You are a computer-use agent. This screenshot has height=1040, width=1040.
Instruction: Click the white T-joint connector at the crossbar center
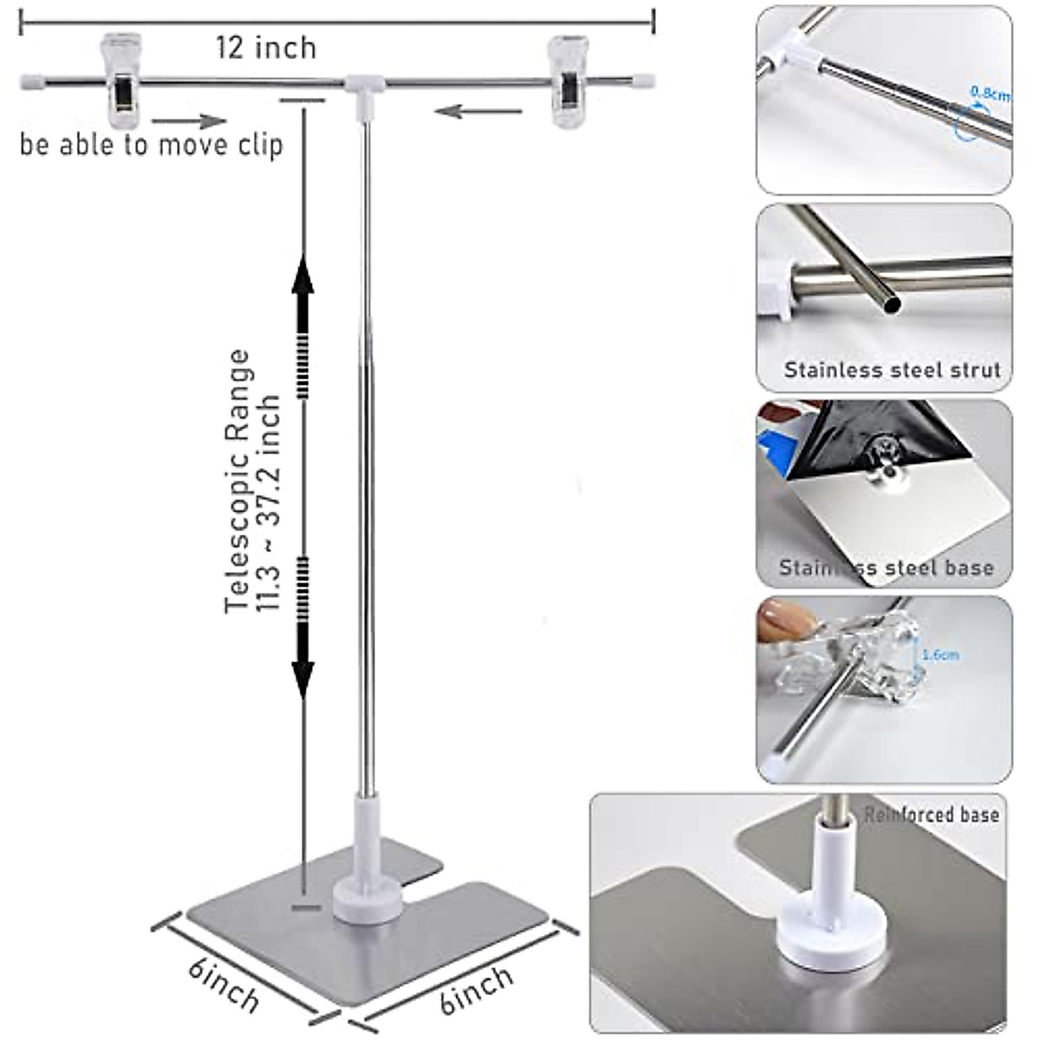click(x=365, y=87)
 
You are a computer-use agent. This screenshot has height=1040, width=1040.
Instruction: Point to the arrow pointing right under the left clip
click(x=188, y=121)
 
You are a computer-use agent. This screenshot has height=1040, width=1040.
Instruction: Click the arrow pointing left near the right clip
click(x=478, y=111)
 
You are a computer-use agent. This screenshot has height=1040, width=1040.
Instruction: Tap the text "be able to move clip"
click(x=152, y=144)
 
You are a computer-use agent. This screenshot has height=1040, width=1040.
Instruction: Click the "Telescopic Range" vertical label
click(x=237, y=481)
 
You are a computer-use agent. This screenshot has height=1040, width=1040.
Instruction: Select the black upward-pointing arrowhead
click(x=302, y=277)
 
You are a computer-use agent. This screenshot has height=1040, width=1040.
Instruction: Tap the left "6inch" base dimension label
click(x=224, y=984)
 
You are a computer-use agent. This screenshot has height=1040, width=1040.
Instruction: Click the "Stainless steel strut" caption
click(x=892, y=370)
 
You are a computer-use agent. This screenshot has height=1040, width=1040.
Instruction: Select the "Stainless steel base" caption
click(x=886, y=569)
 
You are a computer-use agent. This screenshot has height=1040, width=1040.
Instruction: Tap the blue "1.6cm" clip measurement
click(x=939, y=655)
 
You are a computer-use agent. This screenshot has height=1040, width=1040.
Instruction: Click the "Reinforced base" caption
click(x=932, y=815)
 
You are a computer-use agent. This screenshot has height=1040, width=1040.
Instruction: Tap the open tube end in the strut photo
click(x=889, y=304)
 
